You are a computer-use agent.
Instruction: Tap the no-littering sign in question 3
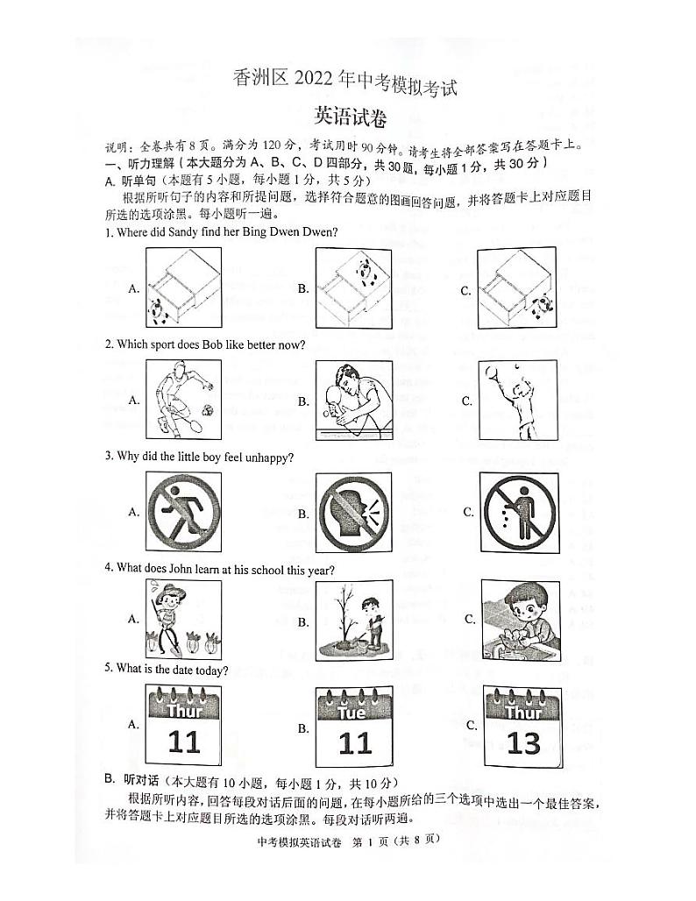(x=520, y=511)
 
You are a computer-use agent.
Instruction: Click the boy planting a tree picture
(x=353, y=621)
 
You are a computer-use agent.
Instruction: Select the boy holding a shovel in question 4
(x=182, y=619)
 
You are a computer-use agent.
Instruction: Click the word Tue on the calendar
(x=352, y=712)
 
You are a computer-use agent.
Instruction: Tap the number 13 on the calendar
(x=523, y=743)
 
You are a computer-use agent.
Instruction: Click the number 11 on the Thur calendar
(x=184, y=743)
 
